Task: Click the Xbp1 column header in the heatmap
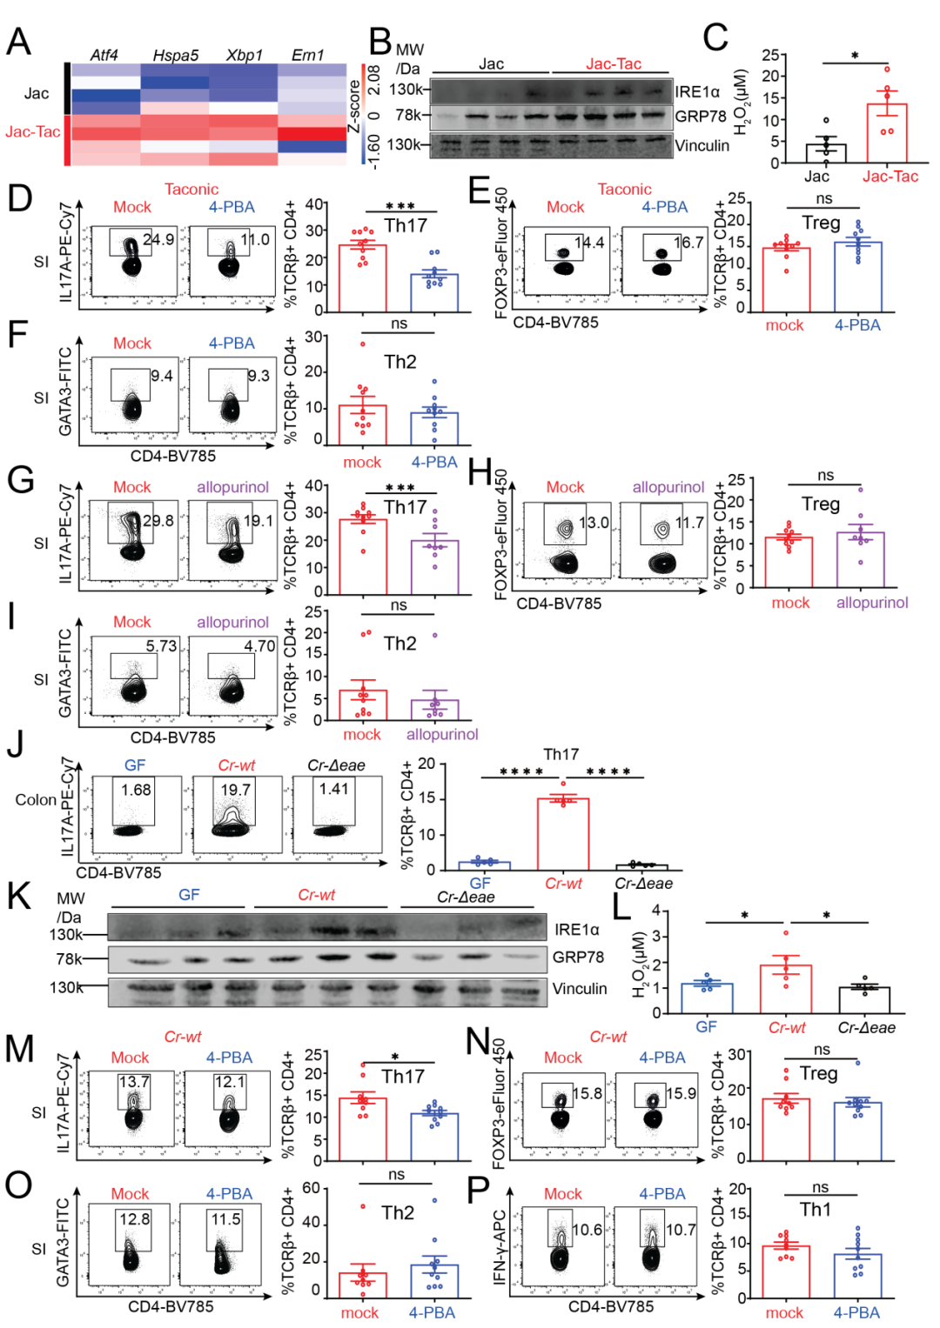point(244,55)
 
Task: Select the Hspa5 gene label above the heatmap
point(175,55)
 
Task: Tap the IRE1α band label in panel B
point(697,91)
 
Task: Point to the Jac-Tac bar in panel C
point(887,133)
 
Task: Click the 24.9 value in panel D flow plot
point(158,239)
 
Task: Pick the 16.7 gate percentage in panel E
point(688,243)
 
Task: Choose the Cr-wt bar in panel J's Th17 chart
point(562,833)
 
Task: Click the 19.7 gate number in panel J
point(235,790)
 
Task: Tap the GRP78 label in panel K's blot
point(578,957)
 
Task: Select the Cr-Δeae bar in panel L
point(863,999)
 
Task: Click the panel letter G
point(20,479)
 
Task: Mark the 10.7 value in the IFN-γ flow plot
point(680,1230)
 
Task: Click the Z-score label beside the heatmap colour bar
point(354,107)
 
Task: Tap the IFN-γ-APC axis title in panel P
point(500,1247)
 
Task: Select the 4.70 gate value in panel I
point(259,646)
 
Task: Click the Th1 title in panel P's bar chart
point(816,1210)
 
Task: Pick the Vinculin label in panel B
point(702,145)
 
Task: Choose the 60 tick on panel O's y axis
point(311,1188)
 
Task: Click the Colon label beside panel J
point(36,799)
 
